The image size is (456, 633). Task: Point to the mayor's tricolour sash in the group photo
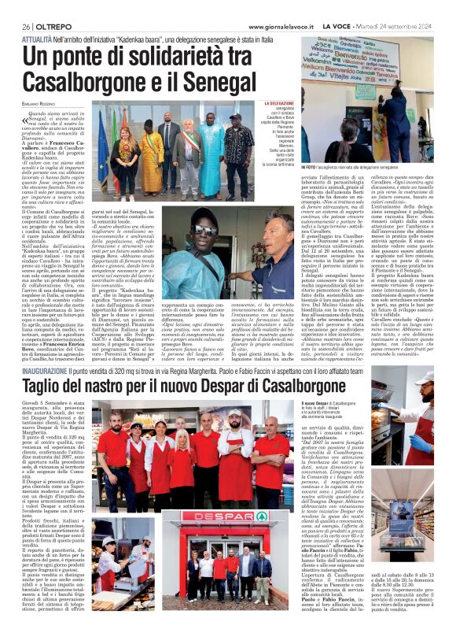[191, 144]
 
